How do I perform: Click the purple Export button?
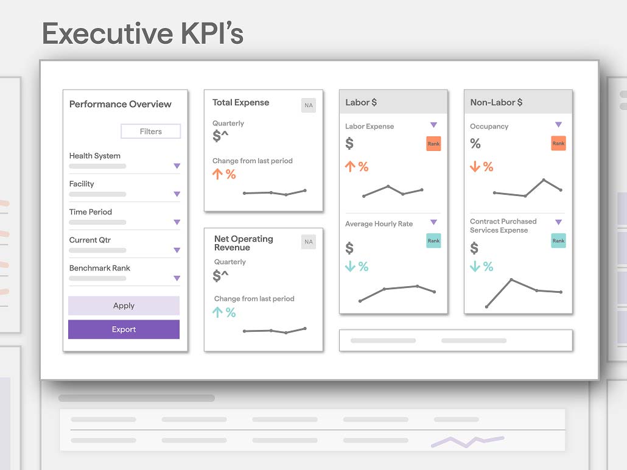pos(124,329)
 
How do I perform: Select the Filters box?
pos(151,132)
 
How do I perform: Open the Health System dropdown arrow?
pos(177,166)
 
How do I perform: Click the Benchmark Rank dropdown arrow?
pos(177,278)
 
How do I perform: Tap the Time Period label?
pos(90,212)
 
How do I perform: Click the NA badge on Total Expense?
pos(308,105)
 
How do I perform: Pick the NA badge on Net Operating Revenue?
pos(308,242)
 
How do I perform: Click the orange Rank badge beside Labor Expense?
pos(433,144)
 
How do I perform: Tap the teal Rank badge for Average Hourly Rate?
pos(433,240)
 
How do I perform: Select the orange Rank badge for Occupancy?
pos(558,143)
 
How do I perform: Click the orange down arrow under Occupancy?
pos(475,166)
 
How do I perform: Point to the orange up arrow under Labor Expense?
pos(350,166)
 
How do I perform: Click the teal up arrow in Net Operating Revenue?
pos(217,312)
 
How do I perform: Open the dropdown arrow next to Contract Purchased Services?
pos(558,222)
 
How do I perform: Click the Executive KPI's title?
pos(143,33)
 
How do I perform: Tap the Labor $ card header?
pos(393,102)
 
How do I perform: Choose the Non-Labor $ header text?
pos(496,102)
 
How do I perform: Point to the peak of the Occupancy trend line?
pos(544,180)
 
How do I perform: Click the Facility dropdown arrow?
pos(177,194)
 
